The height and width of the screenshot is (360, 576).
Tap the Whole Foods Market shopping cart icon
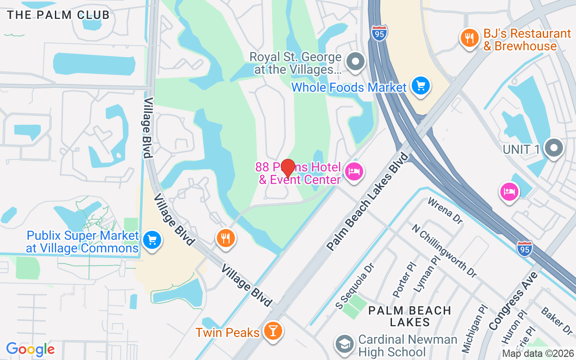click(x=421, y=85)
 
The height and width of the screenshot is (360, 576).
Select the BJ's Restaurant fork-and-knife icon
click(x=469, y=38)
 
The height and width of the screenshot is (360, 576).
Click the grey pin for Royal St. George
click(x=356, y=61)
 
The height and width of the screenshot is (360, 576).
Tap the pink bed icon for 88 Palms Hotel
click(x=354, y=171)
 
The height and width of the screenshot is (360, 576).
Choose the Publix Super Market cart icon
click(x=152, y=239)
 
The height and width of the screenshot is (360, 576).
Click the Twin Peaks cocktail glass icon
click(x=273, y=331)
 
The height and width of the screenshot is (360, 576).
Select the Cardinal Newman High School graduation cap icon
click(x=345, y=344)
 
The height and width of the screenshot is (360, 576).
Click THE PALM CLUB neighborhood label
click(x=58, y=15)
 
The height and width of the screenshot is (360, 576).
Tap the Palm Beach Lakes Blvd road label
click(x=369, y=201)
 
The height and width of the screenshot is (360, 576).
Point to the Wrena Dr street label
click(x=445, y=210)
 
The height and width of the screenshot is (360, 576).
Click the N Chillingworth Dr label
click(x=444, y=250)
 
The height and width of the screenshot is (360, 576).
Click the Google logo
click(x=30, y=349)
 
